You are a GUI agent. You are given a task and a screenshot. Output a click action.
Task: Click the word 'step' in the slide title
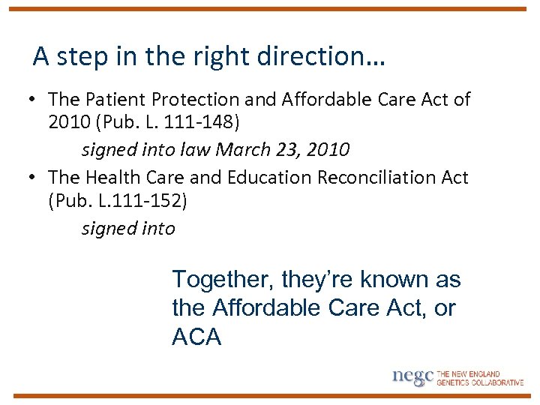pos(78,57)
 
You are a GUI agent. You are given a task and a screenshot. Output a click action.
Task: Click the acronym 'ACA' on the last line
pos(196,337)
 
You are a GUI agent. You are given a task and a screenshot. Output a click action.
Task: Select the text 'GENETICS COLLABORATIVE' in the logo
pos(480,382)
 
